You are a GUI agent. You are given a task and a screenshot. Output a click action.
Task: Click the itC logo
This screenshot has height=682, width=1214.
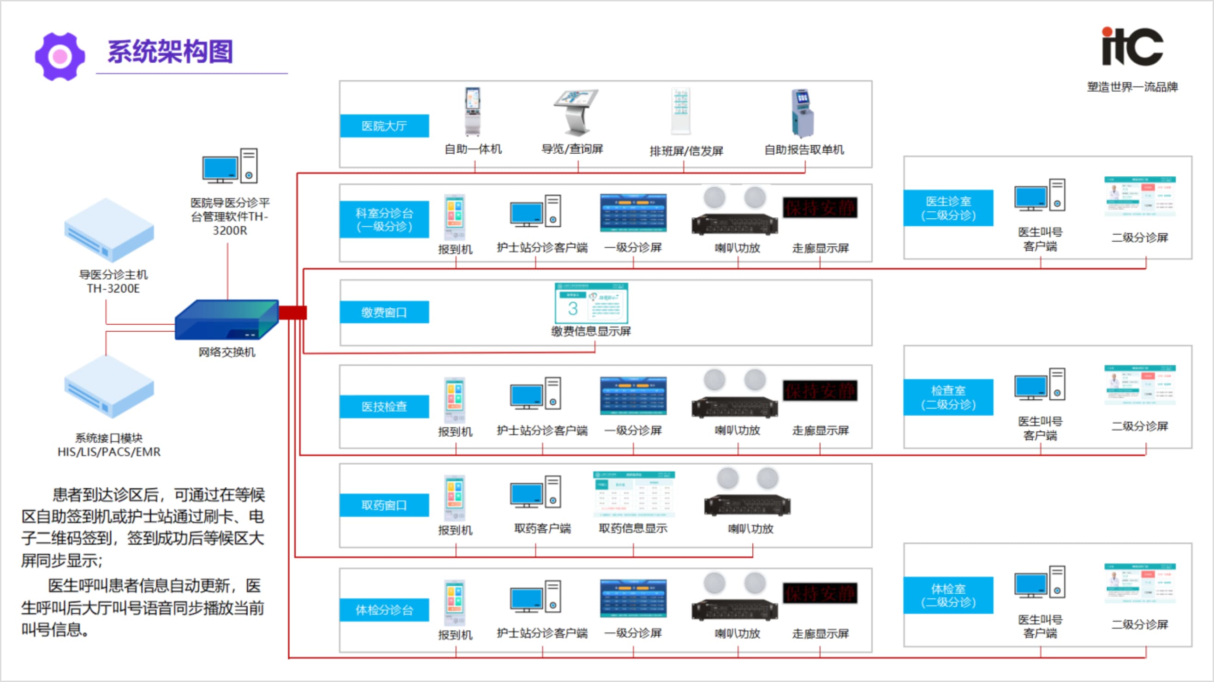1132,47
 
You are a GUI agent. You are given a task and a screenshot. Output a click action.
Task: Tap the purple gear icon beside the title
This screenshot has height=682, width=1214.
60,57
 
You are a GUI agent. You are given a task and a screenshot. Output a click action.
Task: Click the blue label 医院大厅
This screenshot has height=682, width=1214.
384,126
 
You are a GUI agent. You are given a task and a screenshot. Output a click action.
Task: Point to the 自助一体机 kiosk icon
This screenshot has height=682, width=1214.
472,112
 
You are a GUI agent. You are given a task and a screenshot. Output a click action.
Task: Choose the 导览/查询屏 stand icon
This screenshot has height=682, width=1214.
576,112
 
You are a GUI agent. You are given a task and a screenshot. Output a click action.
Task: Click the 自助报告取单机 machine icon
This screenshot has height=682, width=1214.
803,113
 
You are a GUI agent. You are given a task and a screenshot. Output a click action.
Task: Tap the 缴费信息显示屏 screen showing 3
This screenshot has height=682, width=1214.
591,303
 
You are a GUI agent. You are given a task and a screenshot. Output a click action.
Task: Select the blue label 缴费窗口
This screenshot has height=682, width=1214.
384,312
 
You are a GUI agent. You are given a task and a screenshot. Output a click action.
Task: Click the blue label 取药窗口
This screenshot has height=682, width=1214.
384,505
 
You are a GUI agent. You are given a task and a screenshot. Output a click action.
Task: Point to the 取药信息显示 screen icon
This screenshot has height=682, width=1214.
633,494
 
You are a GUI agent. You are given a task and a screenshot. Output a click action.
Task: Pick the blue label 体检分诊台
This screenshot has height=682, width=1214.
384,610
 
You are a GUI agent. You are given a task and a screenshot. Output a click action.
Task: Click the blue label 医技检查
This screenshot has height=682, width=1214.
384,406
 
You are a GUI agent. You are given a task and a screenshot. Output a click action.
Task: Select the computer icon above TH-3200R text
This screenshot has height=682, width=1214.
230,166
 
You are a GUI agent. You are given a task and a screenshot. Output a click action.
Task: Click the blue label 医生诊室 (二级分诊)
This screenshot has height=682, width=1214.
948,208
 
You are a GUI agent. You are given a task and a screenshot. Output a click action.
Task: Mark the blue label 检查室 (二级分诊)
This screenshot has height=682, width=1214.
948,397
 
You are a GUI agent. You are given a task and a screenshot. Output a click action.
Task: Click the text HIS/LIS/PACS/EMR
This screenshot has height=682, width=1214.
109,452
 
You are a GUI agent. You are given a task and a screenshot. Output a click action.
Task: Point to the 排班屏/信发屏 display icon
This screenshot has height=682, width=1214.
680,111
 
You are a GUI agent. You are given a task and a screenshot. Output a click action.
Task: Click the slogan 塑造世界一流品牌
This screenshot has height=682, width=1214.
1132,87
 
